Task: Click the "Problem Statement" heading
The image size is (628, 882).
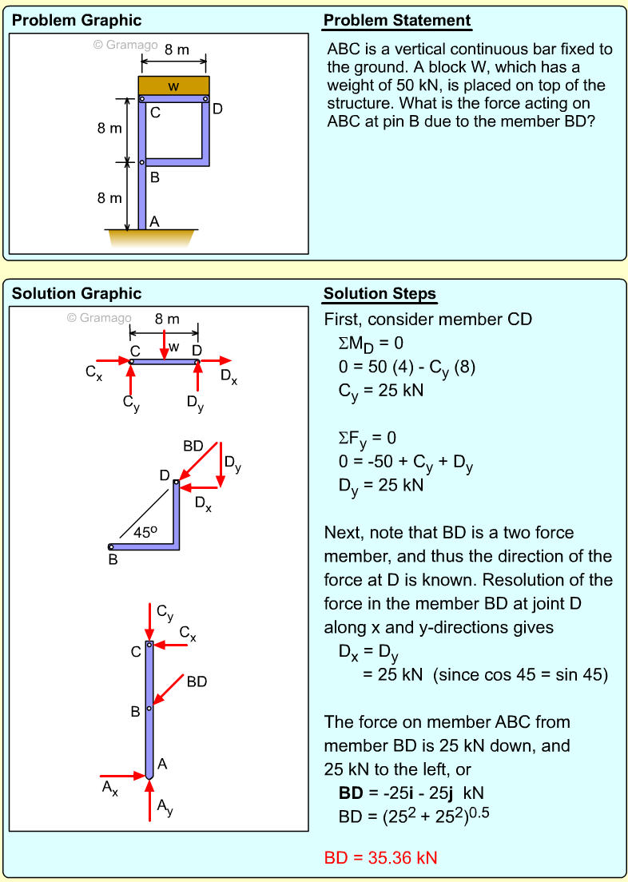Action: [397, 21]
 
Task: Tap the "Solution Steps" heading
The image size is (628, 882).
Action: [380, 294]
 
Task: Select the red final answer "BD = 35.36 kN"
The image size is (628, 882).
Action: [380, 858]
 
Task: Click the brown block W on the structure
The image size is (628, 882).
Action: [173, 85]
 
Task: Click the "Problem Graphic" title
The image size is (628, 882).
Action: [77, 21]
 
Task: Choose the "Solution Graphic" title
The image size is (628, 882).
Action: [77, 294]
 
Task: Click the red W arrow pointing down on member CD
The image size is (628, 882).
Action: [163, 344]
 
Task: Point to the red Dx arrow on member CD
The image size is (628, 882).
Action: [216, 361]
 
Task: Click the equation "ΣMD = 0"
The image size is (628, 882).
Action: [371, 344]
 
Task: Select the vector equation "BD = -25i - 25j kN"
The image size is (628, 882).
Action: [411, 793]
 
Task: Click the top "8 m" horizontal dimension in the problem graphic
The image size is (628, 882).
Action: [176, 50]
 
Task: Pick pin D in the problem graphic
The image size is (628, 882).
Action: [206, 100]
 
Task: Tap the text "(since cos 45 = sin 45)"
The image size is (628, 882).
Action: [520, 675]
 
